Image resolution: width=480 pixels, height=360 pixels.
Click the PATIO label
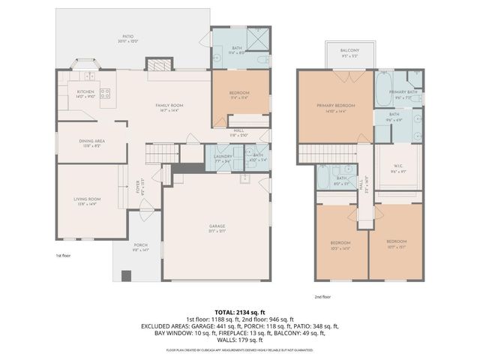128,36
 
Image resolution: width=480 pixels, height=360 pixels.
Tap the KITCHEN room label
85,93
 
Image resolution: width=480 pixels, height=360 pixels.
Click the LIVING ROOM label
87,200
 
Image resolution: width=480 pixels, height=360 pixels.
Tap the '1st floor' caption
64,256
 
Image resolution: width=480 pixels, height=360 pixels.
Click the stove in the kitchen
106,94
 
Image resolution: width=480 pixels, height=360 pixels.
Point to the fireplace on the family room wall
155,66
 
